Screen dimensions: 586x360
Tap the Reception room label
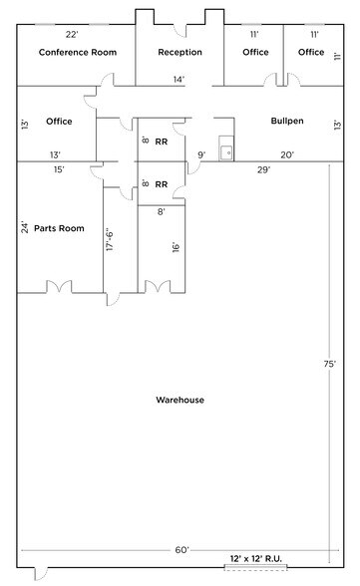click(x=180, y=52)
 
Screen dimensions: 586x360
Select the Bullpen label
click(x=287, y=122)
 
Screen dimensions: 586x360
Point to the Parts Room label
click(x=59, y=228)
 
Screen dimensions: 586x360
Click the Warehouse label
click(x=180, y=400)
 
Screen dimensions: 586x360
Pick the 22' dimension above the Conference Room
click(x=72, y=35)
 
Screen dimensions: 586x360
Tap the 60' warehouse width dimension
click(x=181, y=549)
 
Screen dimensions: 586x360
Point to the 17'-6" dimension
click(x=111, y=242)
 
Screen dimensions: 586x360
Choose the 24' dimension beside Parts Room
click(x=25, y=227)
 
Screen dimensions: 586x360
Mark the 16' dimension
click(x=175, y=246)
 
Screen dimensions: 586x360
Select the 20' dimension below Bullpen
click(x=287, y=154)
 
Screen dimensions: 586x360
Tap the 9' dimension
click(x=201, y=154)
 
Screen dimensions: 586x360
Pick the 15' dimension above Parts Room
click(x=59, y=170)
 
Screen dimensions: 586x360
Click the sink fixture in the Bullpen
click(x=226, y=152)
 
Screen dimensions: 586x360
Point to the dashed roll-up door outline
click(x=255, y=569)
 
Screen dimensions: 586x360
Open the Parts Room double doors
click(x=59, y=288)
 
